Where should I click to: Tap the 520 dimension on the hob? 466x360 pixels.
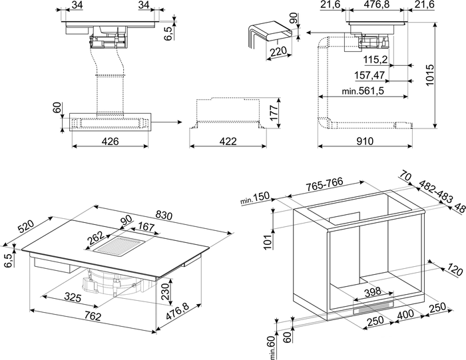pyautogui.click(x=27, y=227)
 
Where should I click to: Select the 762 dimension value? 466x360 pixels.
pyautogui.click(x=93, y=317)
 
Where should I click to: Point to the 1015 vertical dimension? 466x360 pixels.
pyautogui.click(x=429, y=75)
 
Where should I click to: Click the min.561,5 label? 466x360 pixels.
pyautogui.click(x=363, y=90)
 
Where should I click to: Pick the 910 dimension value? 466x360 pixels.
pyautogui.click(x=364, y=141)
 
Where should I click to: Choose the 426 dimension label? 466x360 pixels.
pyautogui.click(x=110, y=141)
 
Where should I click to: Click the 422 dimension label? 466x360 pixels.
pyautogui.click(x=228, y=141)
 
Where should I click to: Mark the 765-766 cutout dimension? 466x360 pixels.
pyautogui.click(x=325, y=184)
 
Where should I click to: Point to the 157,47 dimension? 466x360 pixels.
pyautogui.click(x=369, y=75)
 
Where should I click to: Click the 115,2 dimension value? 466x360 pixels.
pyautogui.click(x=375, y=60)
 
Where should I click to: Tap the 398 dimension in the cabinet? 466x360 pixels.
pyautogui.click(x=372, y=291)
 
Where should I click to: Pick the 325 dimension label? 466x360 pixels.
pyautogui.click(x=73, y=297)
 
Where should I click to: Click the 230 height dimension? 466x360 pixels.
pyautogui.click(x=165, y=291)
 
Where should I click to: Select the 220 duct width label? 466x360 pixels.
pyautogui.click(x=278, y=52)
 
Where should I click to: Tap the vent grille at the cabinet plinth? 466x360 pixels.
pyautogui.click(x=373, y=307)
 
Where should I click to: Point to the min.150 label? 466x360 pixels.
pyautogui.click(x=255, y=198)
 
